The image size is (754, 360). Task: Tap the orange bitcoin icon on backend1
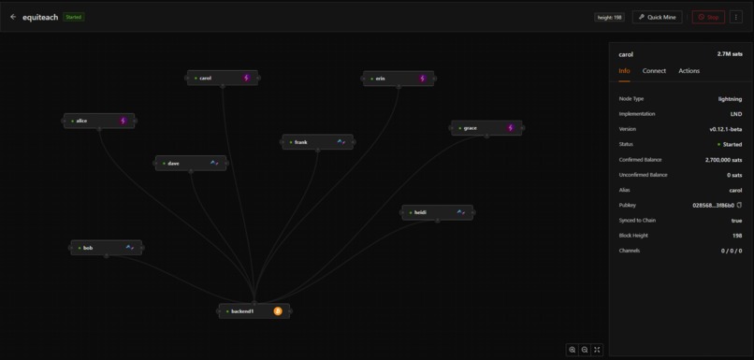pos(278,311)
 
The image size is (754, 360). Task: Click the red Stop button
pos(708,17)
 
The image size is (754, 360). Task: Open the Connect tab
pos(654,71)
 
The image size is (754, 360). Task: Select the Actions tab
pos(689,71)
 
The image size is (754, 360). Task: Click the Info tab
pos(624,71)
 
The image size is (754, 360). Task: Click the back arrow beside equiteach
pos(13,17)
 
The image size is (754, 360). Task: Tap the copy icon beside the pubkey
pos(739,205)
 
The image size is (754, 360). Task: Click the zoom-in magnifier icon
pos(573,350)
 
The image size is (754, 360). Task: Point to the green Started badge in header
pos(73,17)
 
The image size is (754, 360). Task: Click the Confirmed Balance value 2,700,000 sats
pos(723,160)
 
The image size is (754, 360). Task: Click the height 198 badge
pos(609,17)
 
